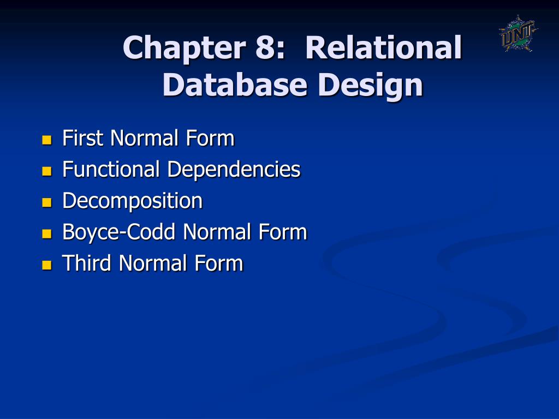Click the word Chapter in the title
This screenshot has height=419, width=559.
[x=183, y=48]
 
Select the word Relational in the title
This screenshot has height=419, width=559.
[x=384, y=48]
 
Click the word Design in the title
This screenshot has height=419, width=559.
[x=371, y=86]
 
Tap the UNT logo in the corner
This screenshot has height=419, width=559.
[x=518, y=34]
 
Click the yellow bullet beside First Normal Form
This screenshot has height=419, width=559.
[x=46, y=140]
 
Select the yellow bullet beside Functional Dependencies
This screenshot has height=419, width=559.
[x=46, y=171]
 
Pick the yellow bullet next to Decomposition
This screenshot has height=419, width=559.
[x=46, y=202]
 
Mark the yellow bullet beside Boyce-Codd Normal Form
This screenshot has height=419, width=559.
[x=46, y=234]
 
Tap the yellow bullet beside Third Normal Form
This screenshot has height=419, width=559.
[x=46, y=265]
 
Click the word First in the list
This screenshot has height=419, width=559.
[x=83, y=139]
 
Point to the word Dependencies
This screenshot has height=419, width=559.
[x=234, y=170]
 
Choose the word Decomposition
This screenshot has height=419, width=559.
[x=133, y=201]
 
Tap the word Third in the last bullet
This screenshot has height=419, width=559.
[x=88, y=264]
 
